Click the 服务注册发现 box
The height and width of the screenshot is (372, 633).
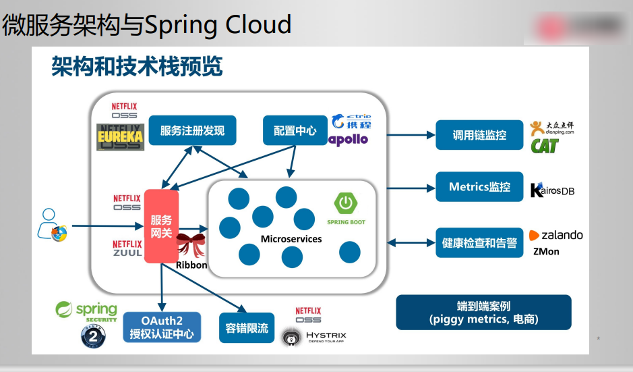[192, 130]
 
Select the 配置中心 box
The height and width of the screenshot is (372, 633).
[295, 130]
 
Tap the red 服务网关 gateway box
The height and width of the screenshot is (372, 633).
[161, 226]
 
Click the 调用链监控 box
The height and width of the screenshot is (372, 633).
[479, 135]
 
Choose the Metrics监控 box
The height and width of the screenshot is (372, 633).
[479, 187]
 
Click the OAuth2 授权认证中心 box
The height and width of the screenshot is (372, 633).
[162, 327]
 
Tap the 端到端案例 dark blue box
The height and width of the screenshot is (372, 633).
[483, 312]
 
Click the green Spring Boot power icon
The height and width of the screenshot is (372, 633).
[346, 203]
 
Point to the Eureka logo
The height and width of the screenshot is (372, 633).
[121, 136]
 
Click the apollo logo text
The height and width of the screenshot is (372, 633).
[348, 139]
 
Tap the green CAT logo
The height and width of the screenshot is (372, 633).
[545, 146]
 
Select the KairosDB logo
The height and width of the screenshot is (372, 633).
[552, 190]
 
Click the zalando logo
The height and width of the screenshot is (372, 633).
[555, 236]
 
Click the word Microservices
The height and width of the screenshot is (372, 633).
[291, 239]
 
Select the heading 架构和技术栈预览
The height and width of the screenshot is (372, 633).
[137, 67]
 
